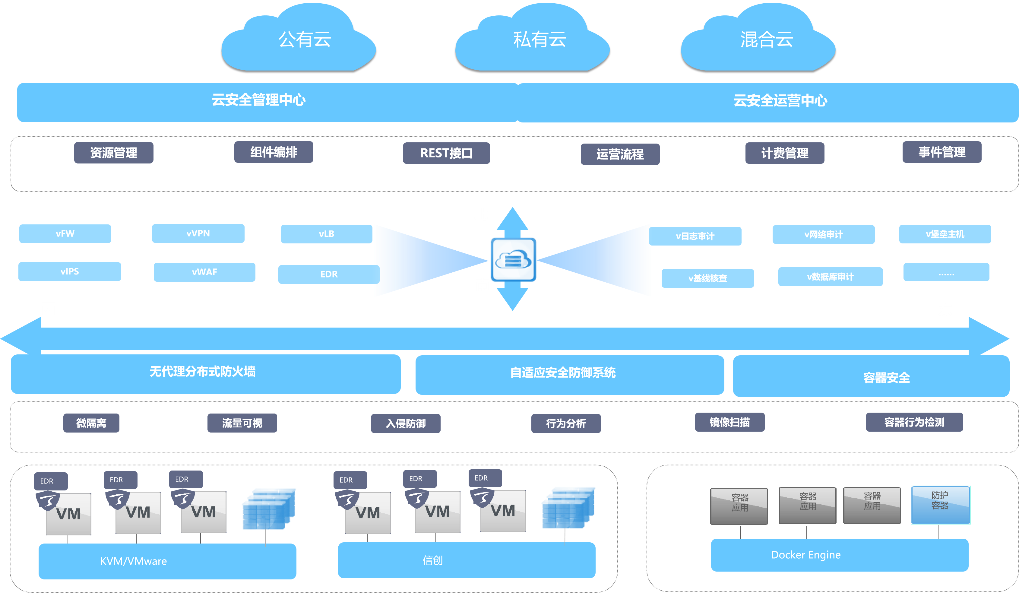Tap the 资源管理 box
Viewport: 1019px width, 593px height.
(x=114, y=153)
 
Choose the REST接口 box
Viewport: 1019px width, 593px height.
(x=446, y=153)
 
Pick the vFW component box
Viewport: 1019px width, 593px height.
(x=65, y=233)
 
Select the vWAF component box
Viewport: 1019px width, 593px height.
(x=204, y=272)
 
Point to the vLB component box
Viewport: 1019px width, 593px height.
(x=326, y=234)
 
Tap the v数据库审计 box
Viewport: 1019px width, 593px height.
(x=830, y=277)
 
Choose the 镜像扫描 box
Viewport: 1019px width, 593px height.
(x=729, y=422)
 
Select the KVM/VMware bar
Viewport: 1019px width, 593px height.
(x=167, y=561)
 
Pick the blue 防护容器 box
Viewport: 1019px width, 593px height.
(x=940, y=505)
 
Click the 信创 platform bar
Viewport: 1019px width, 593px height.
(x=466, y=560)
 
